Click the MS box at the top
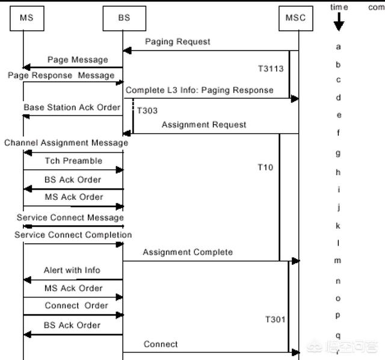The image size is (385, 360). click(x=26, y=17)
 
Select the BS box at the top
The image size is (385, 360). click(x=124, y=17)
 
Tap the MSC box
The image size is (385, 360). click(x=295, y=17)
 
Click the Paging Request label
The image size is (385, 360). click(x=177, y=42)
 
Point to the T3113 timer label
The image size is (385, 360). click(x=271, y=69)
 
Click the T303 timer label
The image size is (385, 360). click(x=147, y=111)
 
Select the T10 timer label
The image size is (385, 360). click(x=265, y=167)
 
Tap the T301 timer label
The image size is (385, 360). click(x=275, y=319)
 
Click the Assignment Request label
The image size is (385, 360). click(x=204, y=125)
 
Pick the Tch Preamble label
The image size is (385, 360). click(x=73, y=161)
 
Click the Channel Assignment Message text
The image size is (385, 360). click(x=66, y=143)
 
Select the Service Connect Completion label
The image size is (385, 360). click(x=73, y=235)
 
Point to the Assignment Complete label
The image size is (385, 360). click(x=188, y=252)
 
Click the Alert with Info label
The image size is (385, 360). click(x=72, y=270)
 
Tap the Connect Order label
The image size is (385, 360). click(x=76, y=305)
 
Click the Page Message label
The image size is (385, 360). click(x=78, y=60)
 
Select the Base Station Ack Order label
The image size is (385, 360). click(x=72, y=107)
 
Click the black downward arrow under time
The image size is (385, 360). click(x=339, y=23)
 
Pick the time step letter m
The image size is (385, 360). click(x=338, y=261)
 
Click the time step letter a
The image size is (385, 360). click(x=339, y=46)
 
